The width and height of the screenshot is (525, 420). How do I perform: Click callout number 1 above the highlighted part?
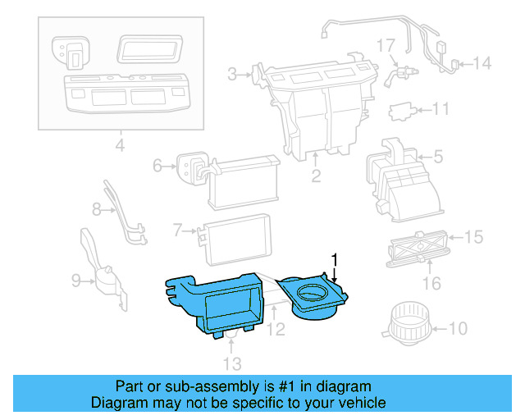pyautogui.click(x=334, y=259)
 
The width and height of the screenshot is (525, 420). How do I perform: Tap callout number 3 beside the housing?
pyautogui.click(x=233, y=75)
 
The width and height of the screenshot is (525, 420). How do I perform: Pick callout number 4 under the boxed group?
pyautogui.click(x=120, y=147)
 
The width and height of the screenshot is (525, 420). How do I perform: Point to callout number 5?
pyautogui.click(x=437, y=156)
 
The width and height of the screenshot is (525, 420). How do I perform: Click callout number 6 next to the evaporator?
pyautogui.click(x=157, y=167)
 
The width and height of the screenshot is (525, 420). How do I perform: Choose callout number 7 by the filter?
pyautogui.click(x=177, y=231)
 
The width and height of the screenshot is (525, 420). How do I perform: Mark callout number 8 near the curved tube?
pyautogui.click(x=97, y=210)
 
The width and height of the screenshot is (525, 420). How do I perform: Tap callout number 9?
pyautogui.click(x=75, y=281)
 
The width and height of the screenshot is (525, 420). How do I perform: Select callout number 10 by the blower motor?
pyautogui.click(x=457, y=329)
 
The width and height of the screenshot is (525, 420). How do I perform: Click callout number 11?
pyautogui.click(x=441, y=108)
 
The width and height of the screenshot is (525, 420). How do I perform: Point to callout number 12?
pyautogui.click(x=276, y=330)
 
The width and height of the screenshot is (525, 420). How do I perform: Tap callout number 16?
pyautogui.click(x=431, y=284)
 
